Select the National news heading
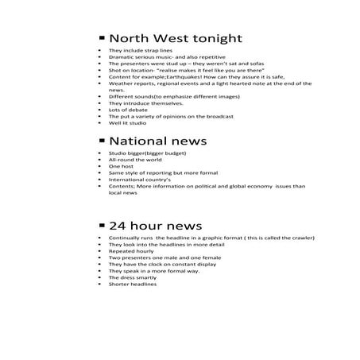(x=157, y=141)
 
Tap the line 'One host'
(x=121, y=165)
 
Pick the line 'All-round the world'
(x=133, y=159)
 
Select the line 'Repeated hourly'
(x=130, y=250)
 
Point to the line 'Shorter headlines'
(x=133, y=284)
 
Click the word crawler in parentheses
(x=300, y=238)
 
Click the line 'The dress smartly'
(x=132, y=277)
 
